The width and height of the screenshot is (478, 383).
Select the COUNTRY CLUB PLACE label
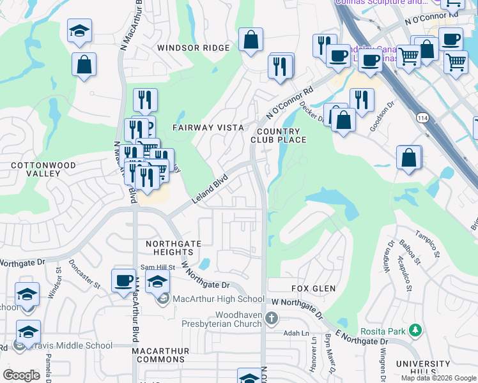pos(279,135)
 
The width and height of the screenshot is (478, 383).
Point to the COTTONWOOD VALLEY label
pos(43,170)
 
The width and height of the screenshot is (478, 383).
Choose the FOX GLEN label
pos(314,289)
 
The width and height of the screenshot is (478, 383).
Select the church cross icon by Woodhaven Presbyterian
pos(271,317)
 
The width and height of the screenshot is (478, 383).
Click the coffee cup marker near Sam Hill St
pos(123,280)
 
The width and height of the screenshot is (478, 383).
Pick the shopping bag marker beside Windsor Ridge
pos(251,40)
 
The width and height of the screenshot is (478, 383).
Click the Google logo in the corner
pos(21,375)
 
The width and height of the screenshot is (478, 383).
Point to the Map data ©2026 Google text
pos(438,378)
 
